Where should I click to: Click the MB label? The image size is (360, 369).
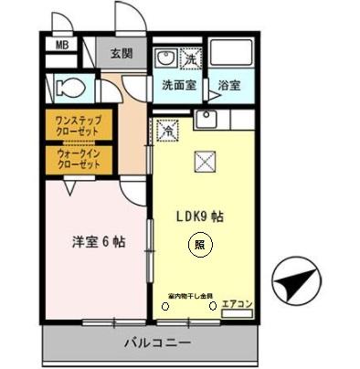[62, 44]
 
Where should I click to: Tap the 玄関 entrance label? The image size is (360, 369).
[122, 53]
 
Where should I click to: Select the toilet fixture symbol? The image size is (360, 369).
[68, 88]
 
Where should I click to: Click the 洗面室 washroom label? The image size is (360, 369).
[179, 85]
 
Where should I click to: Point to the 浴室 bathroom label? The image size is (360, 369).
[228, 87]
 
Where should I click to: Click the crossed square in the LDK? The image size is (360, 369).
[205, 163]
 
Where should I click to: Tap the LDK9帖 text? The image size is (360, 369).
[200, 216]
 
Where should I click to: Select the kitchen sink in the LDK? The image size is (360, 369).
[206, 120]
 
